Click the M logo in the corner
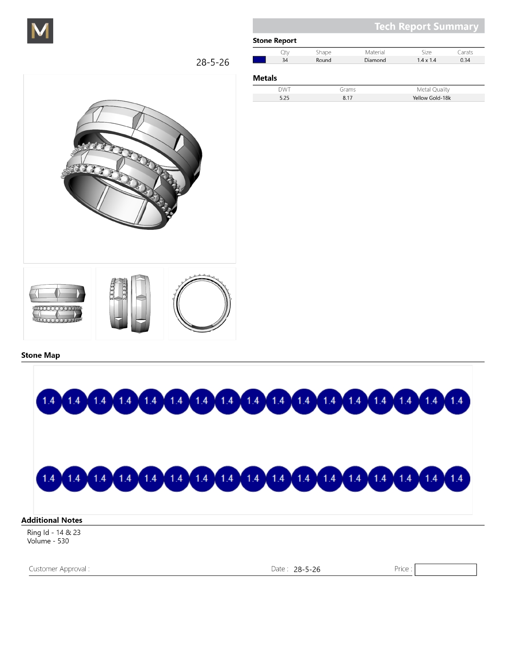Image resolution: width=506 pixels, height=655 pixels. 40,31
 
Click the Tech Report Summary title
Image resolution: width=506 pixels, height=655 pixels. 426,26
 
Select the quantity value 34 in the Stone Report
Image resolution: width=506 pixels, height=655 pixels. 285,60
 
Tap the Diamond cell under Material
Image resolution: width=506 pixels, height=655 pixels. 375,60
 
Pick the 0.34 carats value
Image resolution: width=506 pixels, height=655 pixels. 465,60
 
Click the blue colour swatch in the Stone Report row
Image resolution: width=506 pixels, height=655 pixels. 259,60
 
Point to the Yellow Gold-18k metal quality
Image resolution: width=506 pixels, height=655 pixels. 431,98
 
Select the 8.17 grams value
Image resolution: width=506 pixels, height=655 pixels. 348,98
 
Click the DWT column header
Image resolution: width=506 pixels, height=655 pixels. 284,90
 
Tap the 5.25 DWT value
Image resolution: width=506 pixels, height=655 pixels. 284,98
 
